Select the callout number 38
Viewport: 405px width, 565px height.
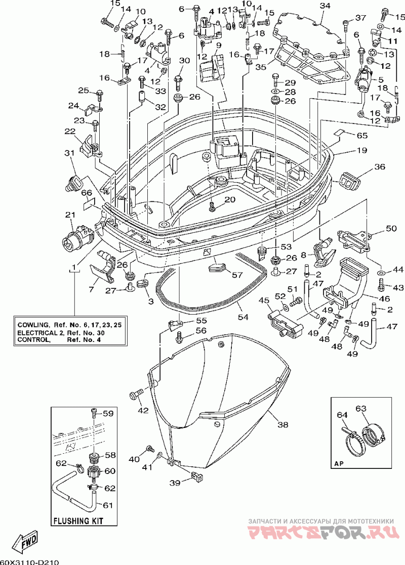coord(283,424)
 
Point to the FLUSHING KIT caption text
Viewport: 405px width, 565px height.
coord(78,520)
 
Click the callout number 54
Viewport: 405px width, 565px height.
coord(243,317)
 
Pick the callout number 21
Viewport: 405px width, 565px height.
coord(70,215)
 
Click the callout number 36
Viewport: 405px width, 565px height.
coord(380,166)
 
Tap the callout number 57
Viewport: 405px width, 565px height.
coord(237,275)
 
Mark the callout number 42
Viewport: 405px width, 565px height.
coord(143,410)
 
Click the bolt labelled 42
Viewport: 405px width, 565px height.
coord(136,394)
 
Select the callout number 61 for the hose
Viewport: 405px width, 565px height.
coord(108,505)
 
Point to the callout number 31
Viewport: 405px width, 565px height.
coord(69,153)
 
